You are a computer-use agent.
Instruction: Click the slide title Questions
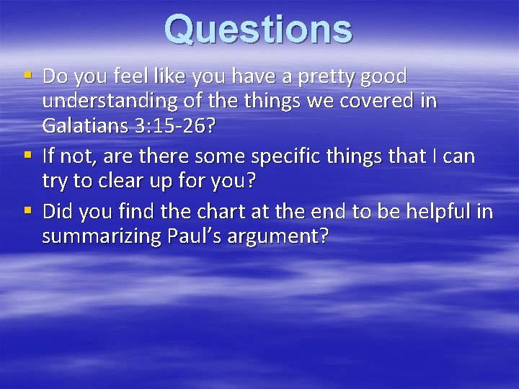[258, 30]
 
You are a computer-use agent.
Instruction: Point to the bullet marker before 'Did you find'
[27, 211]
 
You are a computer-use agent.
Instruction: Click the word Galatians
[85, 127]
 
